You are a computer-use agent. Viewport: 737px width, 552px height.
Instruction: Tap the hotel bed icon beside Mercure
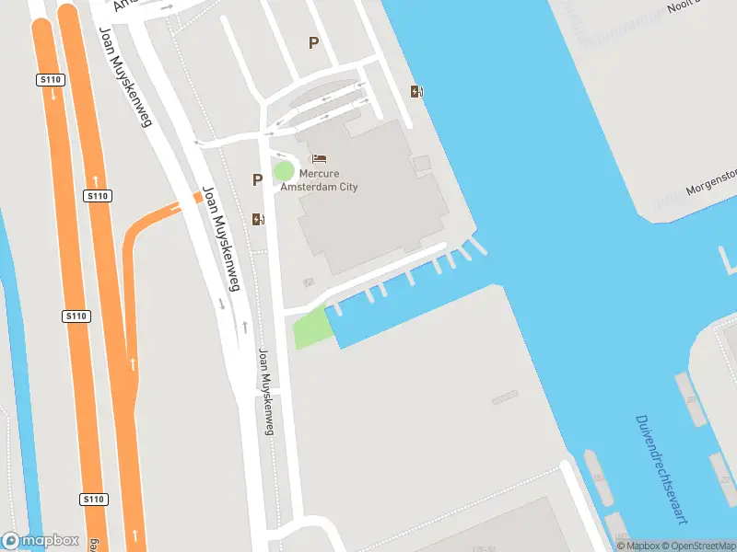pos(319,159)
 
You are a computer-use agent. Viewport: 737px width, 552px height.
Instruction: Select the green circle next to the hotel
pos(284,171)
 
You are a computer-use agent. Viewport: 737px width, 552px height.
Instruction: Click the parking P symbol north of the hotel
pos(313,42)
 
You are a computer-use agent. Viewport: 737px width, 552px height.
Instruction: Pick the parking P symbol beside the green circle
pos(257,179)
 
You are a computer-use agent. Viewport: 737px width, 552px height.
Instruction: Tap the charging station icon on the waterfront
pos(416,91)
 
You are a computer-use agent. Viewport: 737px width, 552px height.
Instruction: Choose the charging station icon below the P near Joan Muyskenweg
pos(257,219)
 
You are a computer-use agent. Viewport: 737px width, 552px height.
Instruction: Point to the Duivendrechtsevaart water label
pos(661,469)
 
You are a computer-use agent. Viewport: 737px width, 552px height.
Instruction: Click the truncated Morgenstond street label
pos(712,181)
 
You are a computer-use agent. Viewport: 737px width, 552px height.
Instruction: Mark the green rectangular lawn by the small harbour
pos(311,328)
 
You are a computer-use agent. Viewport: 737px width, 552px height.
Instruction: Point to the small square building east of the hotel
pos(421,164)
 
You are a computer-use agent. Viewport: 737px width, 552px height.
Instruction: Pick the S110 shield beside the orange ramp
pos(98,196)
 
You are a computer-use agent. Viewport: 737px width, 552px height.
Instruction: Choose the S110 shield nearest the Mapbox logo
pos(94,500)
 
